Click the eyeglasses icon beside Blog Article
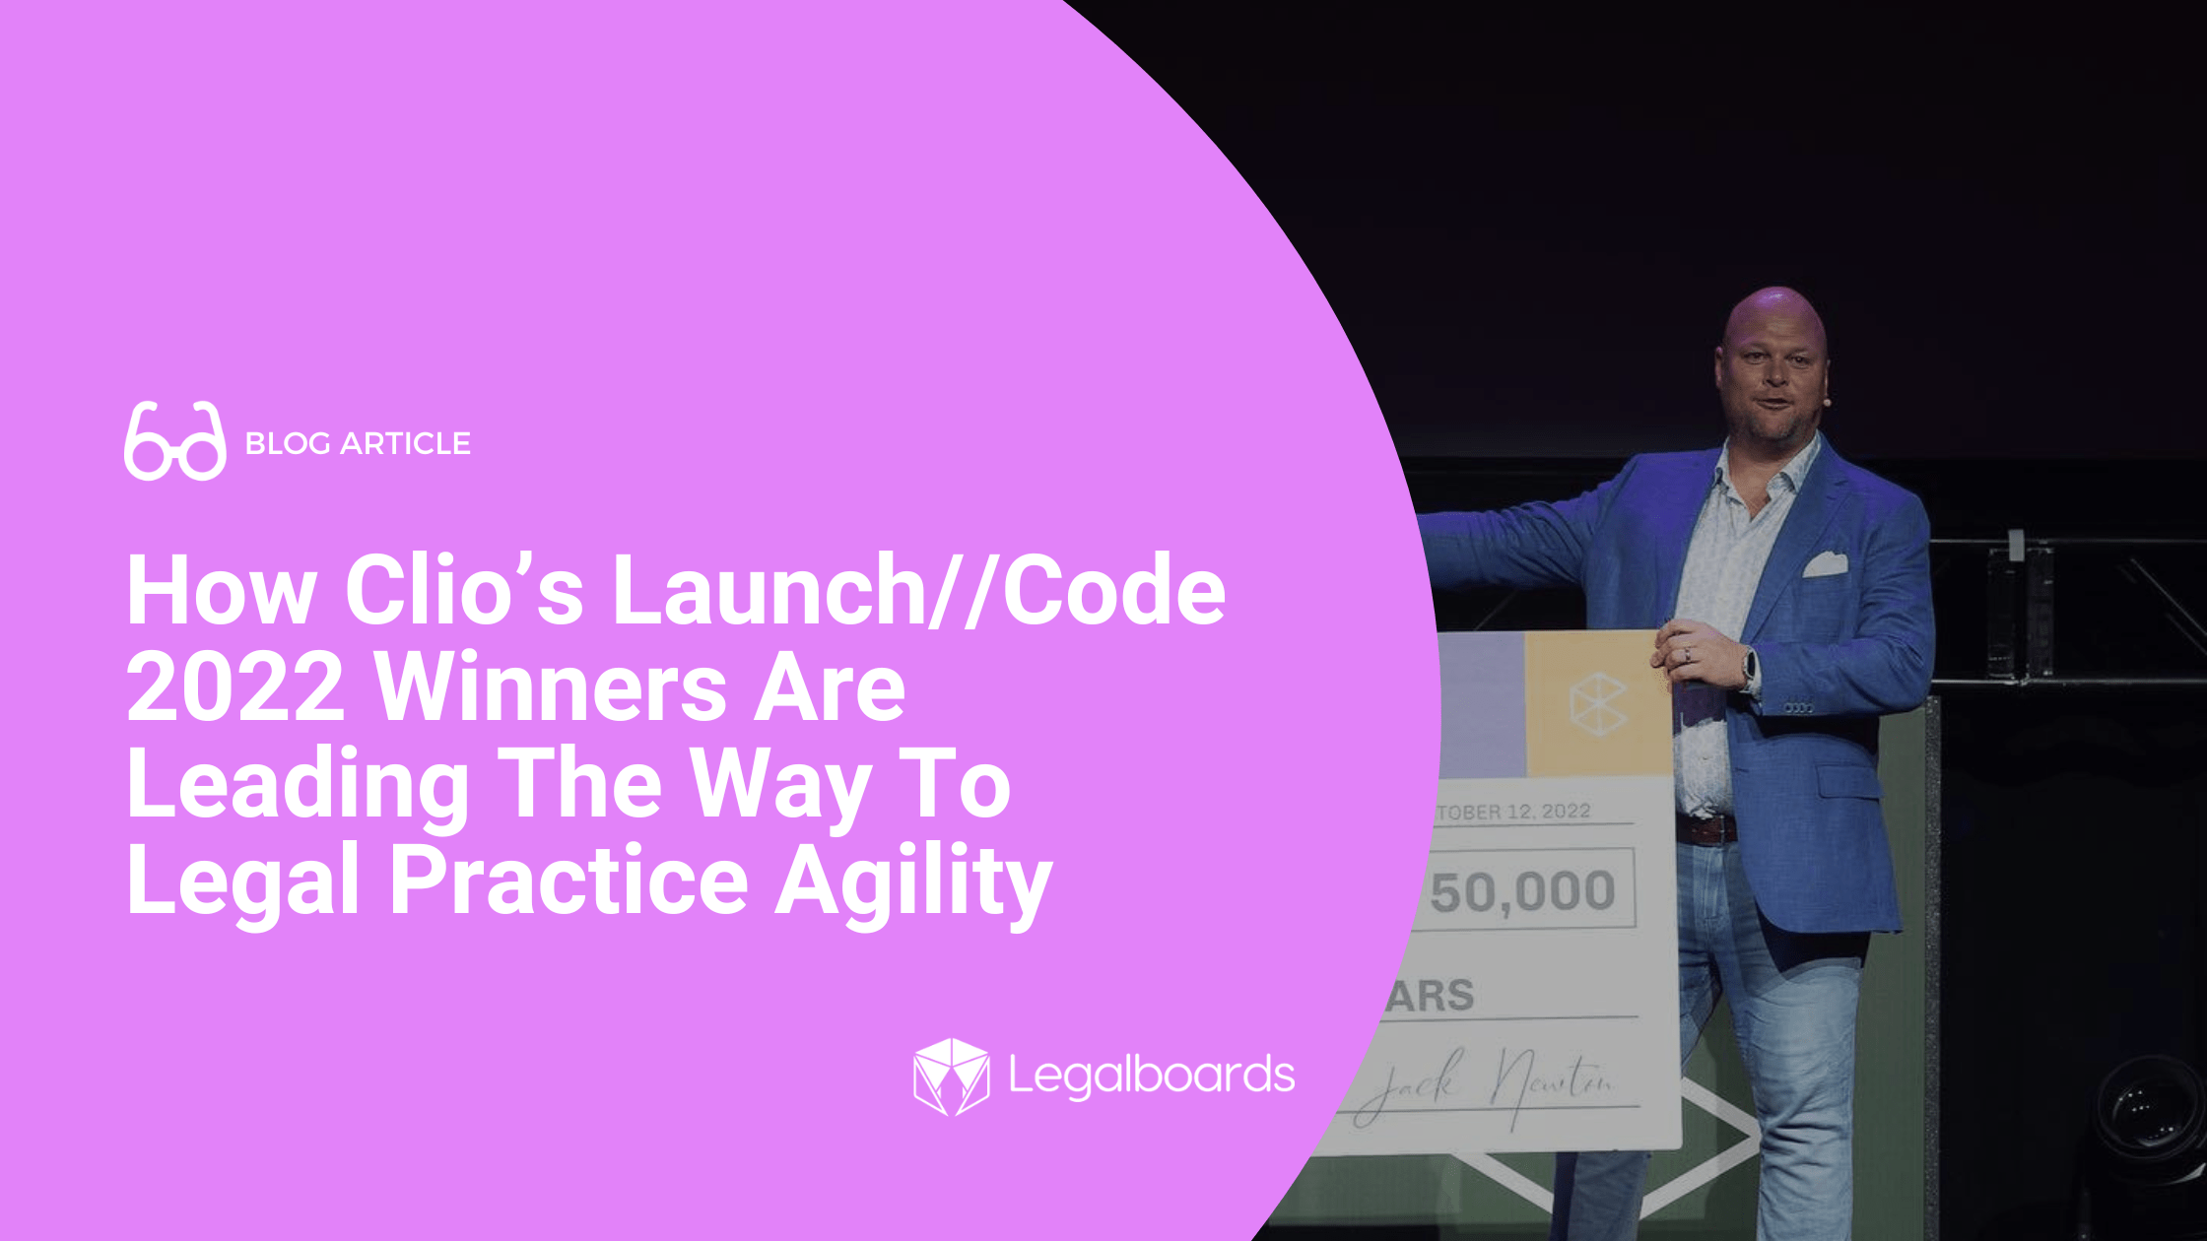click(174, 441)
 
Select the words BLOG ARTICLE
click(358, 444)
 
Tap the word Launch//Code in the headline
click(918, 591)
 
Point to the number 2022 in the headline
click(235, 687)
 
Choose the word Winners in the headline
click(552, 687)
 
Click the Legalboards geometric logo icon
click(951, 1076)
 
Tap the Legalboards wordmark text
click(1151, 1076)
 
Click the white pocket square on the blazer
click(1825, 565)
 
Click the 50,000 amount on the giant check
click(1522, 891)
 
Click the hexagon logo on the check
click(1597, 703)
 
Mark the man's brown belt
click(1705, 828)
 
